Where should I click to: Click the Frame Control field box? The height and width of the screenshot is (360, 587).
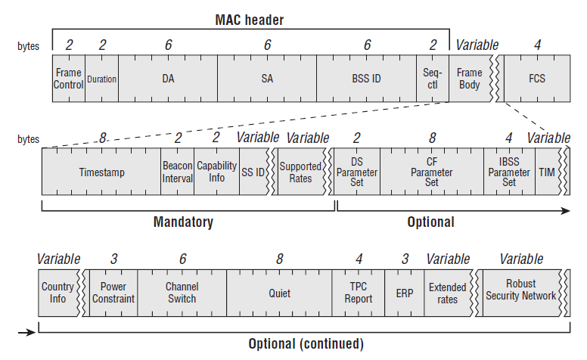(x=69, y=79)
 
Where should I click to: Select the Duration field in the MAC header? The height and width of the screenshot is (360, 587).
(x=102, y=79)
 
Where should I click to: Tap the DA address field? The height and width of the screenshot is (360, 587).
(x=168, y=79)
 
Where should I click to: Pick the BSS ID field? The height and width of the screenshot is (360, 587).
(x=367, y=79)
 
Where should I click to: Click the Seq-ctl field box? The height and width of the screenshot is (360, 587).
(x=433, y=79)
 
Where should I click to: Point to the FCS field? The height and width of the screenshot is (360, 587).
(x=537, y=79)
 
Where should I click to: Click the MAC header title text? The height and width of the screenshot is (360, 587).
(x=250, y=20)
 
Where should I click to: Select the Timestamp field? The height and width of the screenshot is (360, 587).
(x=101, y=172)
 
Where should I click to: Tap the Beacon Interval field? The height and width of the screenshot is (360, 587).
(x=178, y=172)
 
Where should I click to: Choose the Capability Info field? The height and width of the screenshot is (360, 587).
(x=217, y=172)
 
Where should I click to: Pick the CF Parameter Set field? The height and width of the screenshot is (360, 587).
(x=432, y=172)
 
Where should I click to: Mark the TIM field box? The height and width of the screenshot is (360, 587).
(x=548, y=172)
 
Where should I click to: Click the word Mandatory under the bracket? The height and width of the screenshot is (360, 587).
(x=183, y=222)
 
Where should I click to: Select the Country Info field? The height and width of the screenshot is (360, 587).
(x=58, y=293)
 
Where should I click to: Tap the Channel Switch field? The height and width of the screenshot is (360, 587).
(x=182, y=293)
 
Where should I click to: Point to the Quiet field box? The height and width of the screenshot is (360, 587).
(x=279, y=293)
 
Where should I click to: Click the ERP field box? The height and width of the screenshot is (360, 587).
(x=404, y=293)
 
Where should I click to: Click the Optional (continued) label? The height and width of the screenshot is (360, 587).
(x=306, y=344)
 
